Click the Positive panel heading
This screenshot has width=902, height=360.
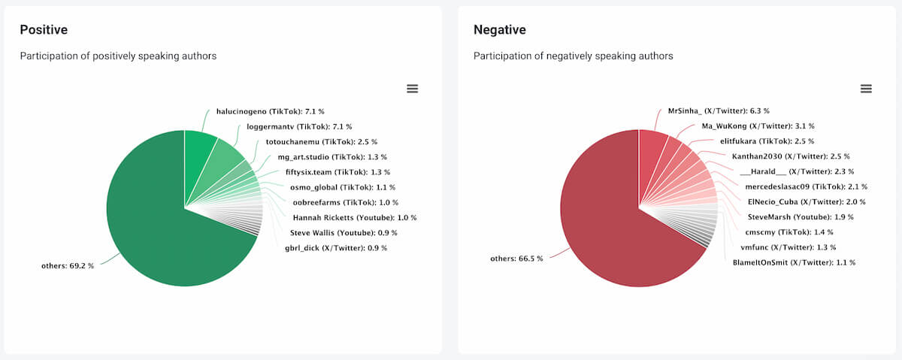[x=44, y=30]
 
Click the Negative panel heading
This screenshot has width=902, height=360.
[x=499, y=30]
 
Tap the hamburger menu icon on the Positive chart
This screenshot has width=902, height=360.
[x=412, y=89]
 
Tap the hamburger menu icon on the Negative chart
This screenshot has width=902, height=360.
[x=866, y=89]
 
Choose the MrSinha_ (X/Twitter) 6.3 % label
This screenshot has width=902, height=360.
[x=719, y=111]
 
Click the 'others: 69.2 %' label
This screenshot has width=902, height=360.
[x=68, y=266]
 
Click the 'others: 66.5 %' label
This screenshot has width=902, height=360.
[x=516, y=259]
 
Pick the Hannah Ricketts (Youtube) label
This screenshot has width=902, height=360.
[x=354, y=217]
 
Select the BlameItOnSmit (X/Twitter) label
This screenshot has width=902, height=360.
[x=794, y=262]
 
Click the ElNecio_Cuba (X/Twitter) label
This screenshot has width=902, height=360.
[x=806, y=202]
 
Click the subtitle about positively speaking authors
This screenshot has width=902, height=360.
[x=118, y=56]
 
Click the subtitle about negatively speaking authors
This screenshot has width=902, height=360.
[x=573, y=56]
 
